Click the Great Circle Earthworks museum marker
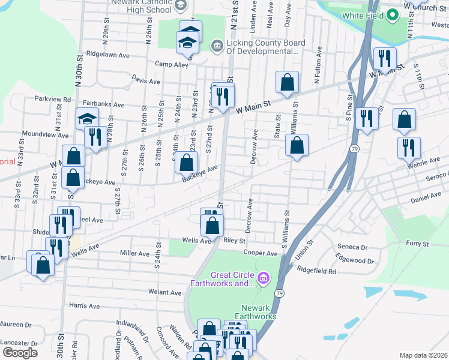click(x=262, y=279)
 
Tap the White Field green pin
click(x=393, y=14)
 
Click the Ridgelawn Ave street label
click(x=108, y=55)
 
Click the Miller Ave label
click(x=134, y=254)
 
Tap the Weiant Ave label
click(x=165, y=293)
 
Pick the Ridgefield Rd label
click(x=316, y=271)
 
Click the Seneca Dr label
click(x=352, y=247)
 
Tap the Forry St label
click(x=417, y=244)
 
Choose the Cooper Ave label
click(x=259, y=254)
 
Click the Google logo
click(x=20, y=352)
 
